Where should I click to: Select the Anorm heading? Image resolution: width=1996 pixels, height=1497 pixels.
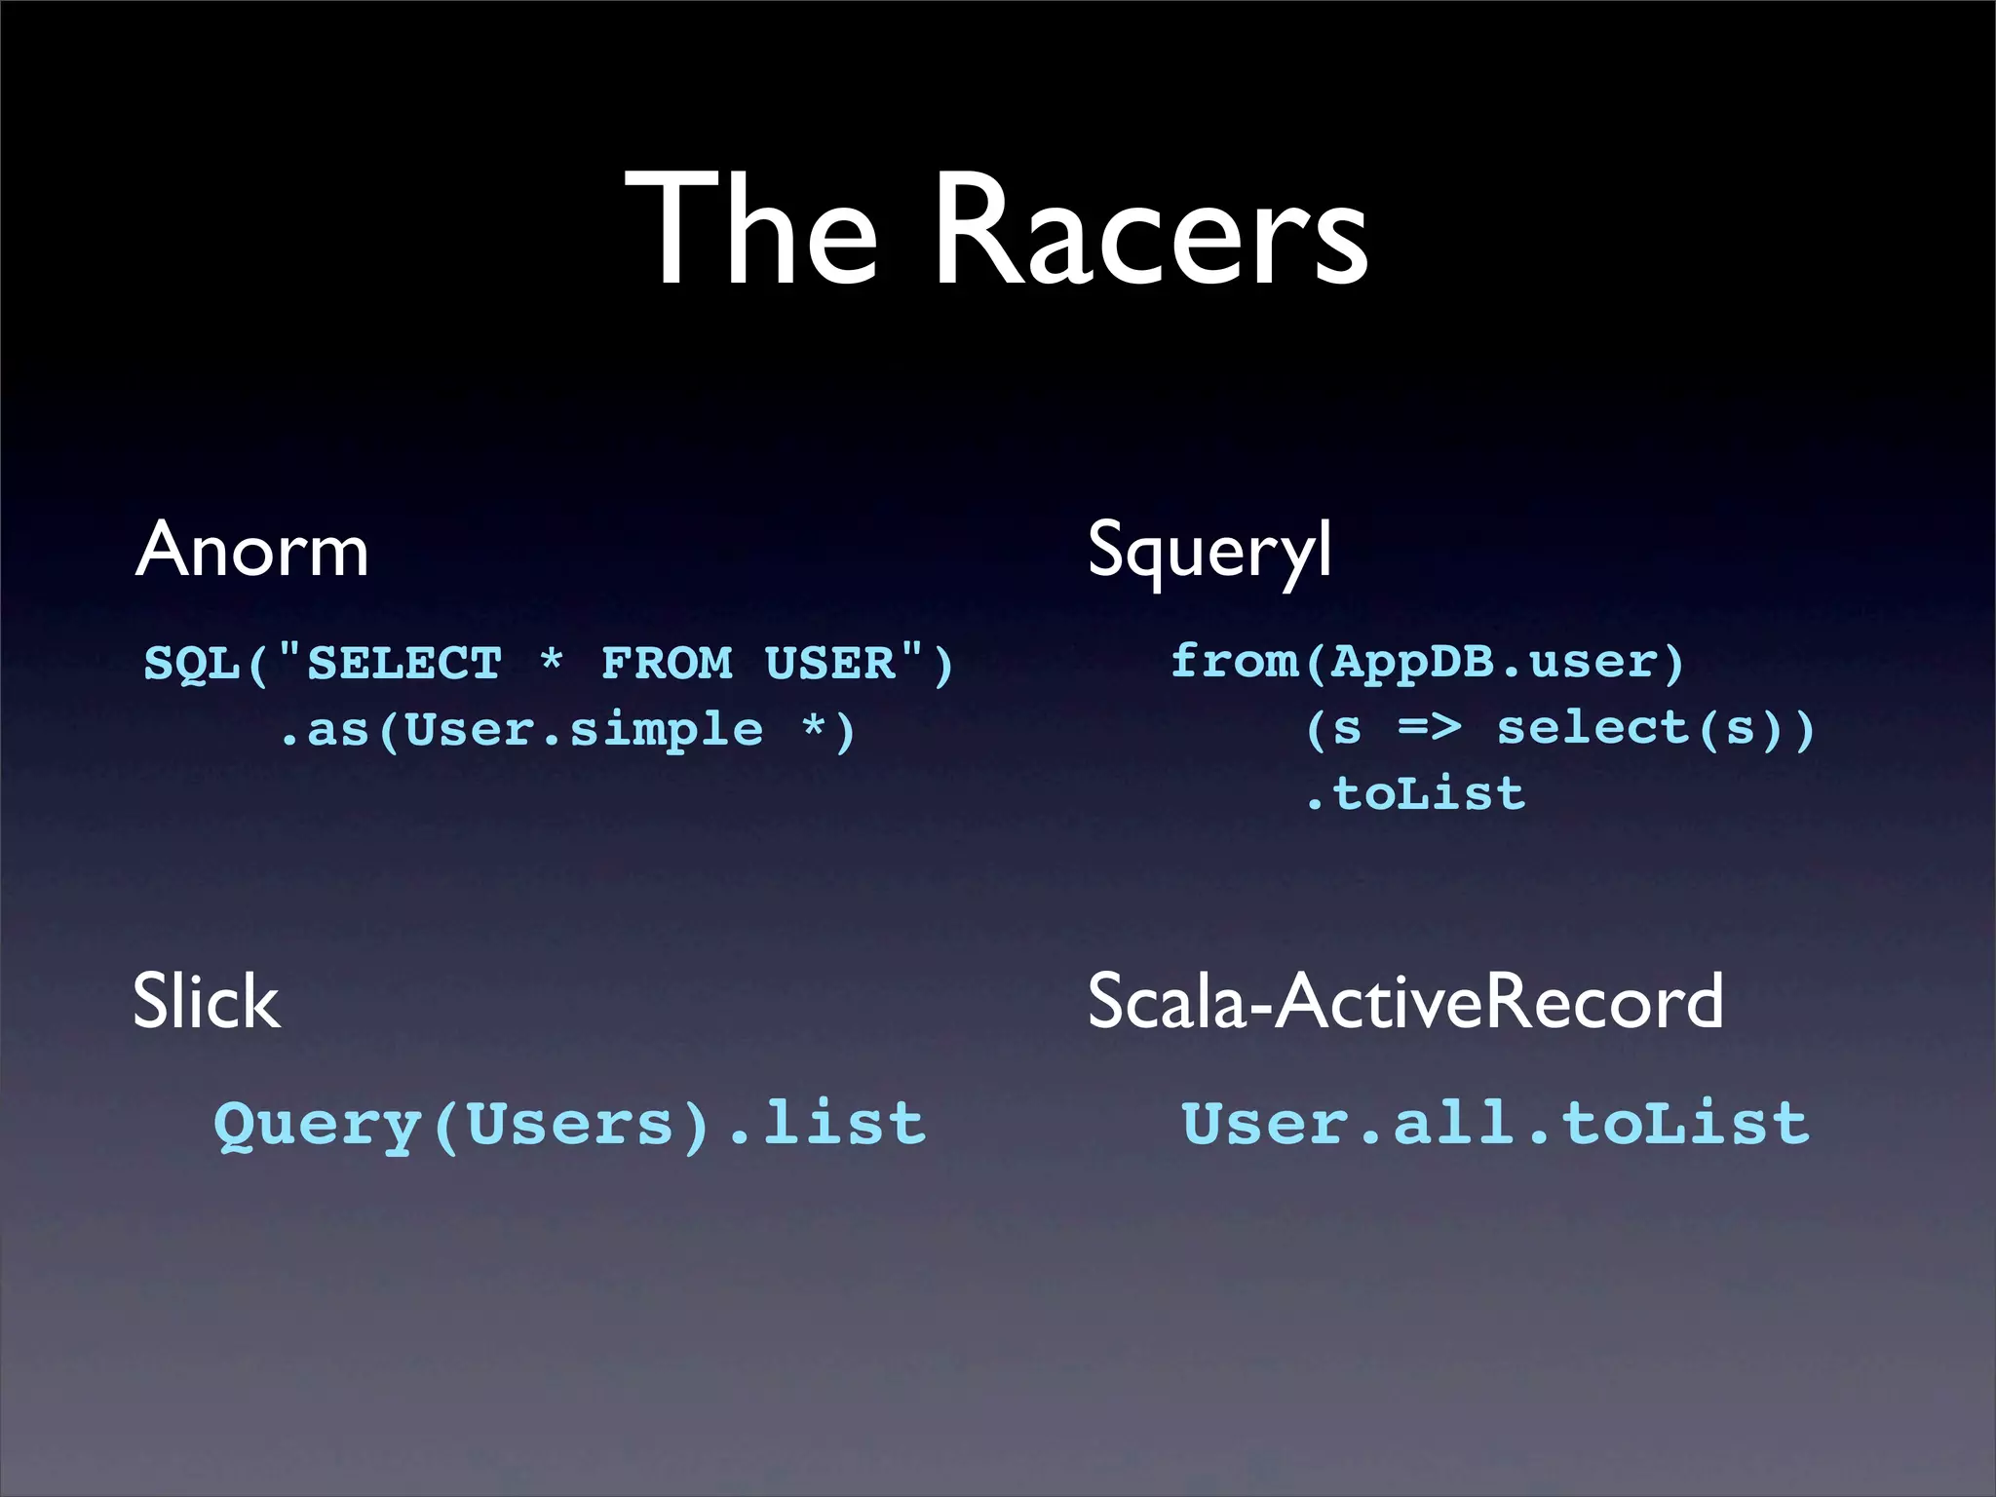[251, 551]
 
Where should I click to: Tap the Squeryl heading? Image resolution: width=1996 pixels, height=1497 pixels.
[1209, 551]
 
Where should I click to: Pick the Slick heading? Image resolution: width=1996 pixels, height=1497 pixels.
[207, 1002]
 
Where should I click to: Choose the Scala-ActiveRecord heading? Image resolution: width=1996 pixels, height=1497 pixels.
[1404, 1002]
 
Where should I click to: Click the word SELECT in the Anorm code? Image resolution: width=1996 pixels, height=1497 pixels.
[404, 665]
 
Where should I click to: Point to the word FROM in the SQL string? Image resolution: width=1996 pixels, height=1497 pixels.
[667, 665]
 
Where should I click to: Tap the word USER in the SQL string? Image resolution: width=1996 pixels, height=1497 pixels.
[829, 665]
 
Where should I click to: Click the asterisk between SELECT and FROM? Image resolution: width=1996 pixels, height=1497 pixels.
[552, 661]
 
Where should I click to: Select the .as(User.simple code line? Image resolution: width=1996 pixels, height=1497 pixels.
[521, 731]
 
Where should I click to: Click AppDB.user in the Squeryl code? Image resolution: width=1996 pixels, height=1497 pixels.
[1492, 663]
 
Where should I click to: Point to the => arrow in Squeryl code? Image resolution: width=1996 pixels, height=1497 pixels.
[1430, 727]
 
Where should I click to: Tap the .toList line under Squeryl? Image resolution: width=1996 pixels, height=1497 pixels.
[1415, 794]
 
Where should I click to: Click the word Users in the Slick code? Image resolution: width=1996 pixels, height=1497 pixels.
[570, 1126]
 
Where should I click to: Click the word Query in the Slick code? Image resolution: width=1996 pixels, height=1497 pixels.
[317, 1126]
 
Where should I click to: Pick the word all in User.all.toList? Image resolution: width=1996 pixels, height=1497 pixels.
[1453, 1124]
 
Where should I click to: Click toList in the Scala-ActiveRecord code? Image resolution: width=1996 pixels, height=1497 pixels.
[1685, 1124]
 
